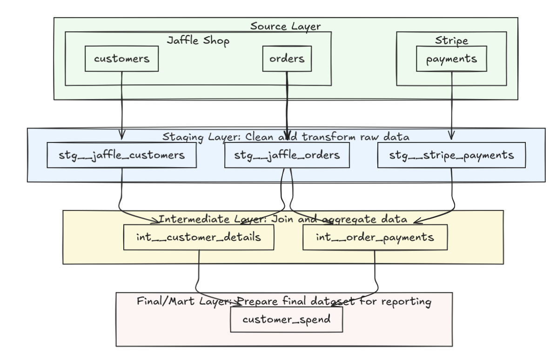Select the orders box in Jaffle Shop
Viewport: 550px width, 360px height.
[x=287, y=59]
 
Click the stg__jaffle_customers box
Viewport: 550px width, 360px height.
[x=122, y=156]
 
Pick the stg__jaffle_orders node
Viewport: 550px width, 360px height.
[x=288, y=156]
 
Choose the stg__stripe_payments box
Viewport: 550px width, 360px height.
[x=452, y=156]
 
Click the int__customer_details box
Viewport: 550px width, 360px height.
[x=199, y=238]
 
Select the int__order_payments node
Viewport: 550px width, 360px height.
[x=375, y=238]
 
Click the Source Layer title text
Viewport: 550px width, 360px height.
[x=285, y=26]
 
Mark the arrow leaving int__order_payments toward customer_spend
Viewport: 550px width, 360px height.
[x=375, y=275]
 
